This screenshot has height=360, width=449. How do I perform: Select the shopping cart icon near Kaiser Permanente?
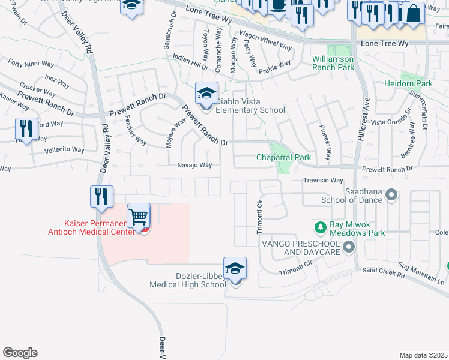pyautogui.click(x=139, y=215)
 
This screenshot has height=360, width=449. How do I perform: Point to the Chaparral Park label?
pyautogui.click(x=283, y=157)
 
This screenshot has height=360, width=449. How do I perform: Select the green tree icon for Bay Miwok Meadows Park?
pyautogui.click(x=321, y=227)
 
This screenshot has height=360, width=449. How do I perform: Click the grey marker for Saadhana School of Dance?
pyautogui.click(x=391, y=194)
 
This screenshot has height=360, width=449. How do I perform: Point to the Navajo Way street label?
pyautogui.click(x=194, y=165)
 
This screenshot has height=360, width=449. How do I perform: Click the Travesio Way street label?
pyautogui.click(x=323, y=180)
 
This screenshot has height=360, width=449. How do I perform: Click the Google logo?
pyautogui.click(x=20, y=353)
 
